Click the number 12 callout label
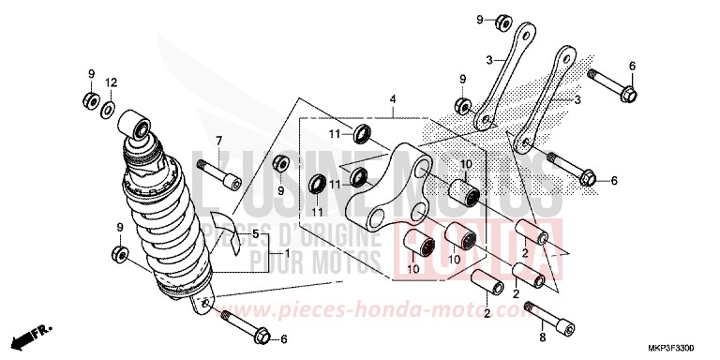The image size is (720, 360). pyautogui.click(x=111, y=82)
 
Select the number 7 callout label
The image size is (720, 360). pyautogui.click(x=218, y=140)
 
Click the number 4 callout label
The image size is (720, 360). pyautogui.click(x=394, y=99)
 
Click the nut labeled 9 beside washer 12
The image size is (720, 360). pyautogui.click(x=91, y=98)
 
